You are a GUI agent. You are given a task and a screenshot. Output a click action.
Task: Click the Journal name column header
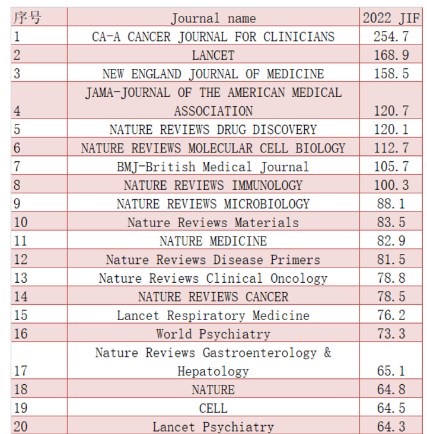[213, 18]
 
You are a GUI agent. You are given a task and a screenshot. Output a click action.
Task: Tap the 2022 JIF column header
[391, 18]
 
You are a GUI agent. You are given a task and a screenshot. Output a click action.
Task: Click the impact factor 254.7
[391, 37]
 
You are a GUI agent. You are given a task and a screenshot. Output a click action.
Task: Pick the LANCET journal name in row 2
[213, 55]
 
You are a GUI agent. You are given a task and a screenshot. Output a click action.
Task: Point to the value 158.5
[391, 74]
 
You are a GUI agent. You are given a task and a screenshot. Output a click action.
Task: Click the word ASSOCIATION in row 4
[213, 111]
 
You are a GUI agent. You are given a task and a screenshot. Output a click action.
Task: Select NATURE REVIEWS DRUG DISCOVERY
[213, 129]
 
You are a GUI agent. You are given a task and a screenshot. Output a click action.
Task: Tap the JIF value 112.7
[391, 148]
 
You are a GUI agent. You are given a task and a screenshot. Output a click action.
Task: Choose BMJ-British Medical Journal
[213, 167]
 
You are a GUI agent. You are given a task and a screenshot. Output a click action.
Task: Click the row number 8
[17, 185]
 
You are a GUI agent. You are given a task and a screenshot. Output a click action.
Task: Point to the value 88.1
[391, 204]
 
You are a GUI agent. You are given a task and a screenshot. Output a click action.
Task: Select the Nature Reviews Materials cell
[213, 222]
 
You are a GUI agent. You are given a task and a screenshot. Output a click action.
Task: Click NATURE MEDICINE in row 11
[213, 241]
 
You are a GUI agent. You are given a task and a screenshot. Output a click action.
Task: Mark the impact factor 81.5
[391, 260]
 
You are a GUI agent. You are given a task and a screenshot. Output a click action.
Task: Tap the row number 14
[21, 296]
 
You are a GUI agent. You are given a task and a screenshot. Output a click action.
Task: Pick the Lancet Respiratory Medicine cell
[213, 315]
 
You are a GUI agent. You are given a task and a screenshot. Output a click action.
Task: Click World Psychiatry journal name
[213, 334]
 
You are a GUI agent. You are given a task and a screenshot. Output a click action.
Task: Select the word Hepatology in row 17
[213, 371]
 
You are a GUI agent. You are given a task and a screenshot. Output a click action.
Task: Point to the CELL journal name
[213, 409]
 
